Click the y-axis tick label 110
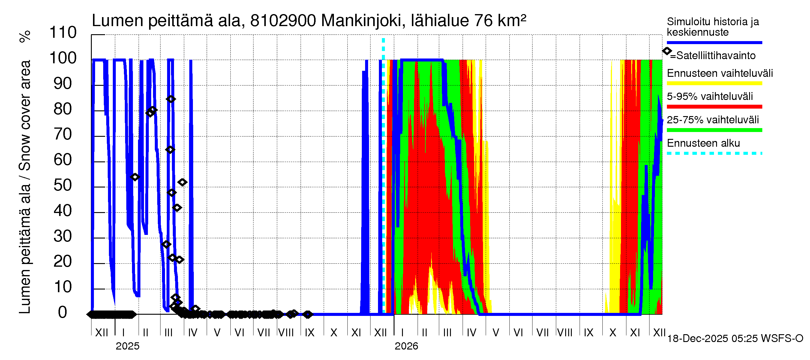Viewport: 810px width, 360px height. click(x=63, y=33)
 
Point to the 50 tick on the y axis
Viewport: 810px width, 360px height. click(x=63, y=185)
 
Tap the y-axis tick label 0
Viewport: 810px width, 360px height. click(x=63, y=313)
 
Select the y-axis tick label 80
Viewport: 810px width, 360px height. click(x=63, y=109)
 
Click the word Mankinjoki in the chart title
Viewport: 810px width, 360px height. click(x=361, y=21)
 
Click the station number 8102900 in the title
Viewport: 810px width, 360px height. click(x=283, y=21)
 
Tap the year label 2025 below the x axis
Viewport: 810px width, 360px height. click(x=127, y=346)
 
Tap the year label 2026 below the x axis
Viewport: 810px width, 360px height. click(x=406, y=346)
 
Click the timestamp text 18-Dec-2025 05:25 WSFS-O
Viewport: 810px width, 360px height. click(x=735, y=339)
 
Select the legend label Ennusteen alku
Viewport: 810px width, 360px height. click(x=703, y=143)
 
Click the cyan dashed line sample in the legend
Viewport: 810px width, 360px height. click(x=714, y=153)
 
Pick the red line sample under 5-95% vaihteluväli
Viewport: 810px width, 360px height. click(x=714, y=107)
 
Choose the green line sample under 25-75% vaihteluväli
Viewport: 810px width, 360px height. click(x=714, y=130)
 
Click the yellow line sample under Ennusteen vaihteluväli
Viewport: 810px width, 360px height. click(x=714, y=84)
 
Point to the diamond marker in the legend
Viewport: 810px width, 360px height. click(x=667, y=51)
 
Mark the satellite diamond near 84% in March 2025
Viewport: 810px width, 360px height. click(x=170, y=99)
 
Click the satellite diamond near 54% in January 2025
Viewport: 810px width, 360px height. click(x=135, y=177)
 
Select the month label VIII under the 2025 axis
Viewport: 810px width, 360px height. click(x=286, y=333)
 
